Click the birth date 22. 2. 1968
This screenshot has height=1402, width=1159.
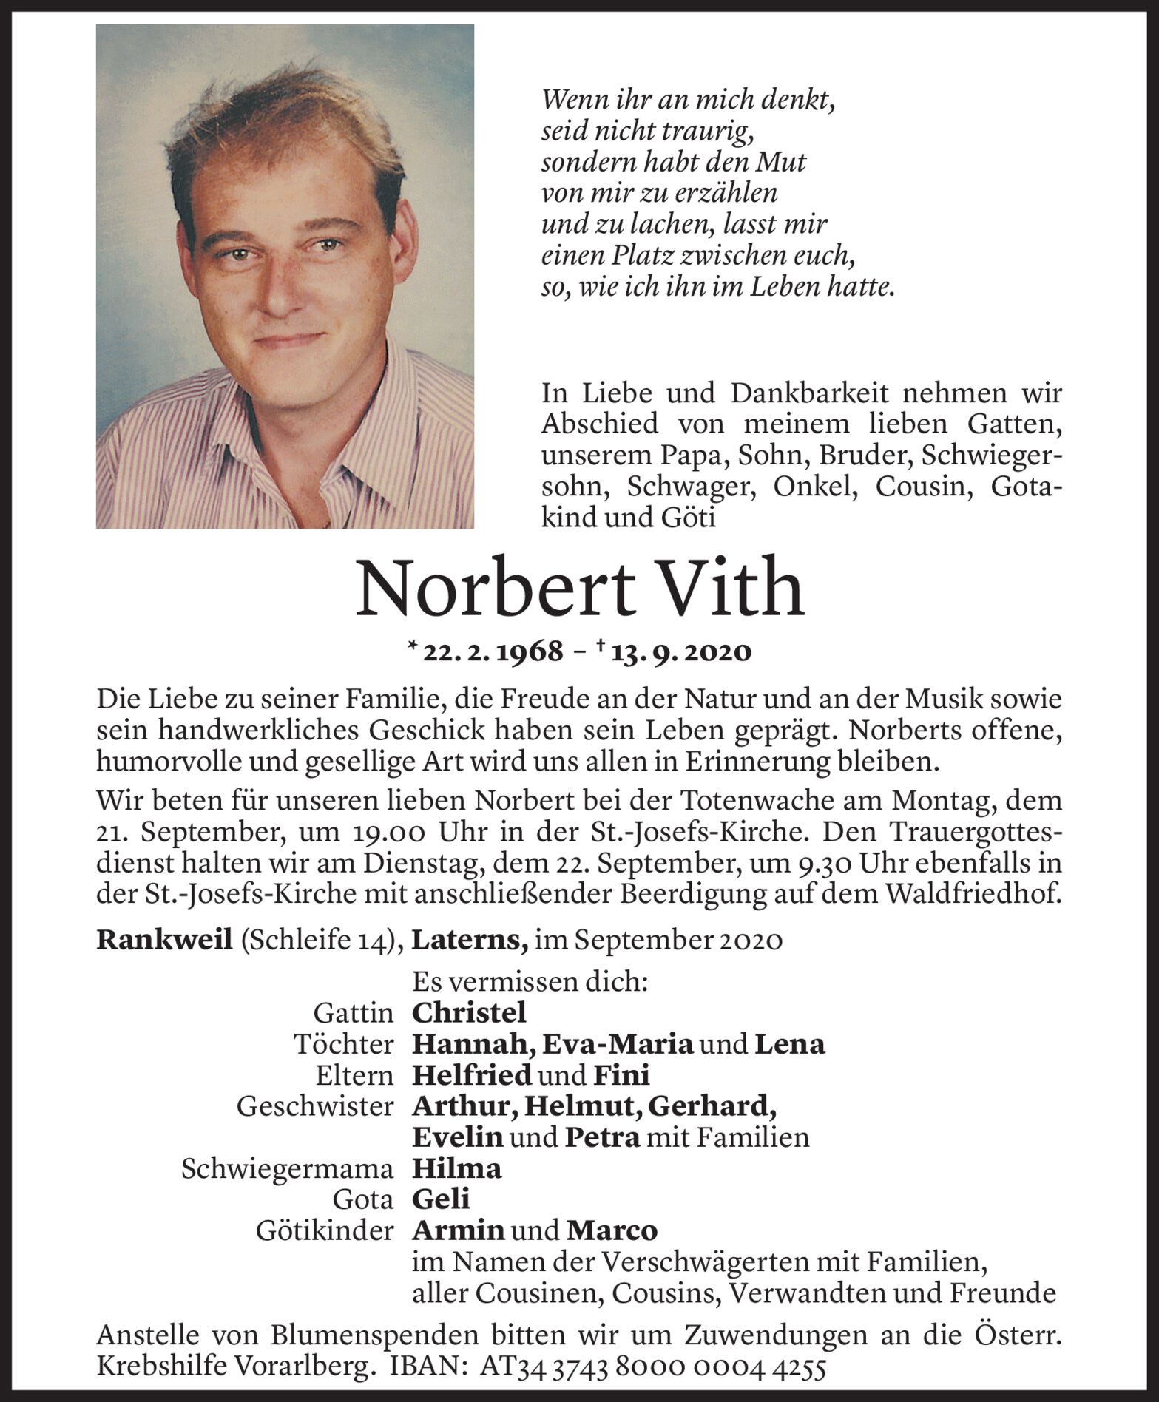(x=493, y=652)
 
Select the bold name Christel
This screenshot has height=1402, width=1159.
(x=469, y=1012)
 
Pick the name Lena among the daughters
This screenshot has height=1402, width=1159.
(x=790, y=1044)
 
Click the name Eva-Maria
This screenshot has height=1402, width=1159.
(x=618, y=1044)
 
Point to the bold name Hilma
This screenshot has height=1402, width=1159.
(x=456, y=1168)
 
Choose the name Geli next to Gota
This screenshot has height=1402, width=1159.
(x=441, y=1199)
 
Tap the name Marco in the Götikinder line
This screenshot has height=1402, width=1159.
(x=612, y=1230)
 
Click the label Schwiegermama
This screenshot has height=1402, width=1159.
(x=287, y=1169)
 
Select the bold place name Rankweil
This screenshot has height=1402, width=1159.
(x=164, y=940)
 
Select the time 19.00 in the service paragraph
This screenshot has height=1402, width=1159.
(x=383, y=833)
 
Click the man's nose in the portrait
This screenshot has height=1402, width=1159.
(x=281, y=288)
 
